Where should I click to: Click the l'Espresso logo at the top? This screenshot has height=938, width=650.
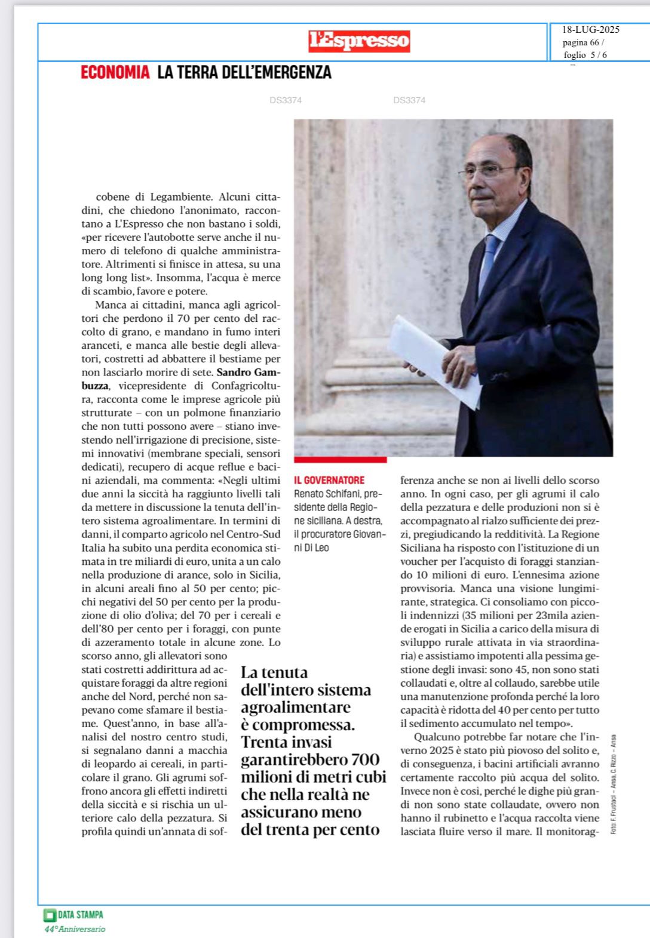pos(359,41)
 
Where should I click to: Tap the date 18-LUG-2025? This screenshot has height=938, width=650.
pos(590,30)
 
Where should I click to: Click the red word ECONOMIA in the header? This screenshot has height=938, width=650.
pos(115,73)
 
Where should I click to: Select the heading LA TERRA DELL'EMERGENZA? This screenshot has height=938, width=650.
pos(244,73)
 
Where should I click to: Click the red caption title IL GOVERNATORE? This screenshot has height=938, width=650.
pos(329,480)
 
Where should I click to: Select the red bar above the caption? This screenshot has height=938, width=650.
pos(340,460)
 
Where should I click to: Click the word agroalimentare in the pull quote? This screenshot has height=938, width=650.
pos(295,708)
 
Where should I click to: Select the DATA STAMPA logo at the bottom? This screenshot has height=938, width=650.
pos(73,914)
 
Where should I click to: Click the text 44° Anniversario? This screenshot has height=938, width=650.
pos(75,929)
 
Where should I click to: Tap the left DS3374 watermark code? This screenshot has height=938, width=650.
pos(286,100)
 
